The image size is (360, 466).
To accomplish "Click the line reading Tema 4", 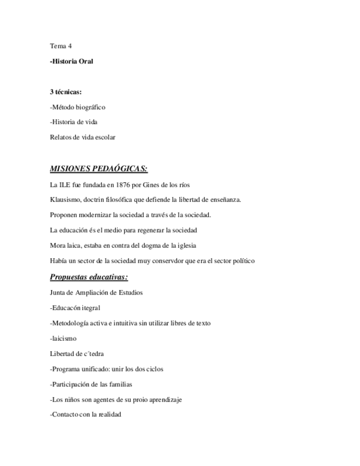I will [60, 46].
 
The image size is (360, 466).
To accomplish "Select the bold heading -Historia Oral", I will [71, 62].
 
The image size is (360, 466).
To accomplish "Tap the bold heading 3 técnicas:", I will [65, 92].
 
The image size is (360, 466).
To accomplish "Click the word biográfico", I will [91, 107].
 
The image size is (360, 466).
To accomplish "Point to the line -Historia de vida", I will [74, 122].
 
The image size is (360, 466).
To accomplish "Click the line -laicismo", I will [63, 339].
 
